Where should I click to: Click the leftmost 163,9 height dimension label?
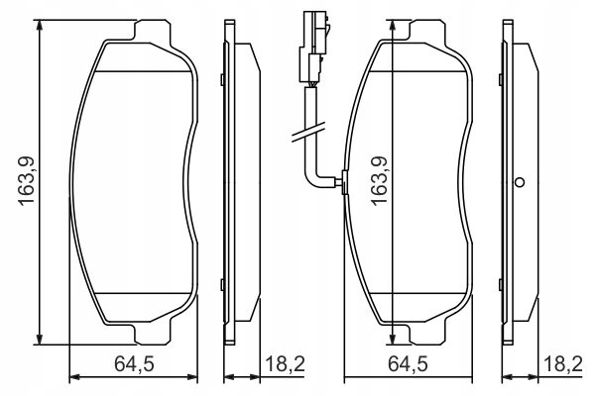27,181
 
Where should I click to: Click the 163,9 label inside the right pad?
379,181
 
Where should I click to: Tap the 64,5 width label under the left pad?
134,364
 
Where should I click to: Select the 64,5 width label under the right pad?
408,364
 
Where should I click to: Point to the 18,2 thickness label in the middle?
285,364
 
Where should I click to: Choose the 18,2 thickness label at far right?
562,364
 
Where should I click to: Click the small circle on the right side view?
520,182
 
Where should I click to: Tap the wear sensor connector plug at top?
313,48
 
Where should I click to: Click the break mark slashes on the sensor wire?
307,133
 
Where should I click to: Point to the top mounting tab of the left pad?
152,30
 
